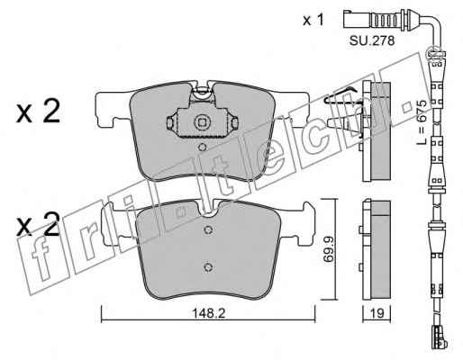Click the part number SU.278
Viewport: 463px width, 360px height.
click(372, 40)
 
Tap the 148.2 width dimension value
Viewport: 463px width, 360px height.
click(208, 313)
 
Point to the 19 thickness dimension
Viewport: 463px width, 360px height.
click(377, 313)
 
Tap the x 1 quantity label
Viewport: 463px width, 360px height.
click(313, 21)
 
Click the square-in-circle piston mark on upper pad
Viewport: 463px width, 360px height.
click(202, 122)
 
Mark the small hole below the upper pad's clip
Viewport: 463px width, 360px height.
click(203, 147)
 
